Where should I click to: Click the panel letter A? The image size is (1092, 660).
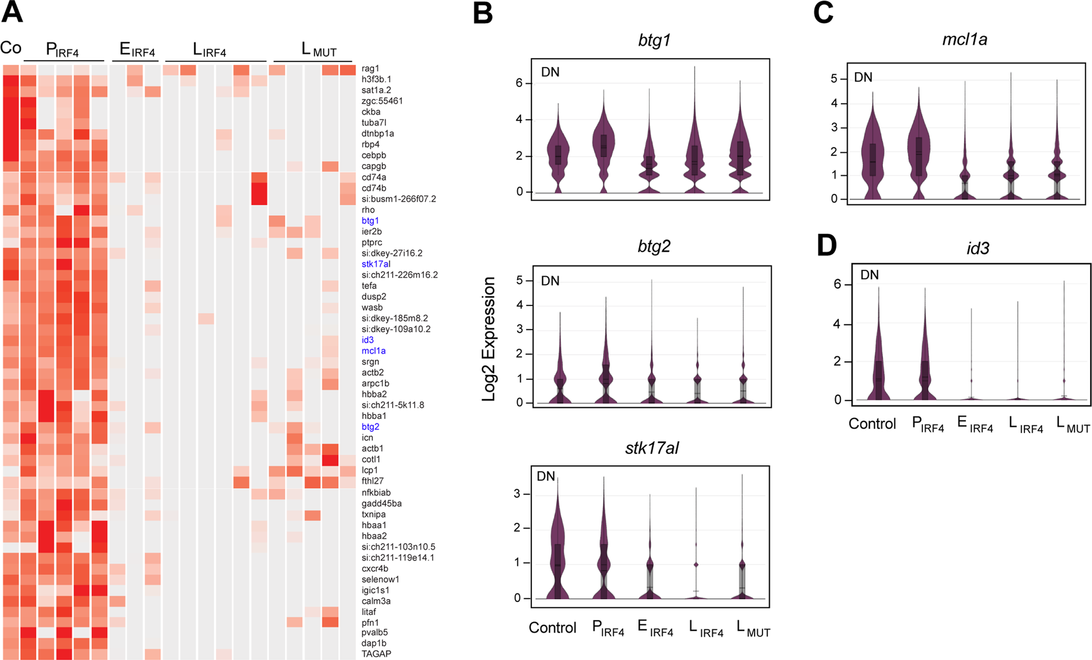(x=12, y=12)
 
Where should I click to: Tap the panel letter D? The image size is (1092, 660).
(x=827, y=246)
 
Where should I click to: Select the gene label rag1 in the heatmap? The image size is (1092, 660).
(x=370, y=69)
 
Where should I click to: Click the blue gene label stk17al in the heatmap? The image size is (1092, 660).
(x=376, y=264)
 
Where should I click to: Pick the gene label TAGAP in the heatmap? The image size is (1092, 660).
(x=376, y=654)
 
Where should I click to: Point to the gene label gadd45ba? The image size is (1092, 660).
(x=381, y=503)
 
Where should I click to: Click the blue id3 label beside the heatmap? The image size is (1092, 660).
(x=367, y=340)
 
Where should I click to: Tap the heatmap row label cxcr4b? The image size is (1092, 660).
(x=375, y=568)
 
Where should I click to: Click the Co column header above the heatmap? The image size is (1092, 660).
(x=11, y=48)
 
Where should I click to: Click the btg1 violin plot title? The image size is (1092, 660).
(x=654, y=40)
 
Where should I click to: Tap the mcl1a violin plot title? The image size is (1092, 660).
(x=965, y=39)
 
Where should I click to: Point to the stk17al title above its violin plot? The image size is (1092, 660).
(x=652, y=448)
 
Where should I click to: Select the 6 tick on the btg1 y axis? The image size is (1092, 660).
(x=519, y=83)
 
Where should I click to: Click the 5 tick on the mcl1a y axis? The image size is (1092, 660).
(x=834, y=79)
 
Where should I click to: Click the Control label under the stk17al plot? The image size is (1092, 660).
(x=552, y=628)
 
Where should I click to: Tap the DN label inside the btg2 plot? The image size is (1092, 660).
(x=550, y=281)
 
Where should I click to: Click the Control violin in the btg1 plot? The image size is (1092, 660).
(x=558, y=153)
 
